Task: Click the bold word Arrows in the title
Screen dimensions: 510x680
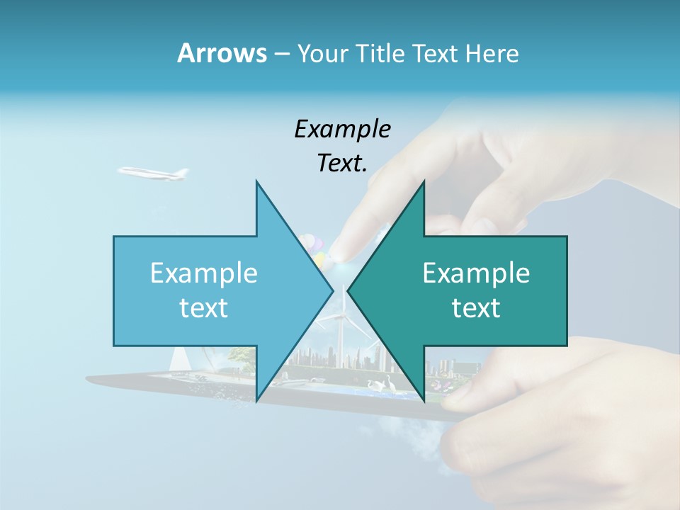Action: coord(221,53)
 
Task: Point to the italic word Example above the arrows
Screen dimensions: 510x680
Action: coord(342,129)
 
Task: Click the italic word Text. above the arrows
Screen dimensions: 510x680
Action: coord(342,163)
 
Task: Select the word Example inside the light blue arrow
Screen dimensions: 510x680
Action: coord(204,273)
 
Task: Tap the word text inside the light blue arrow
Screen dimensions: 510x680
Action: coord(204,308)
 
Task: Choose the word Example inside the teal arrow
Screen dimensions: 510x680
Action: coord(476,273)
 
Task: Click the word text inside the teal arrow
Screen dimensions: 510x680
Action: coord(476,308)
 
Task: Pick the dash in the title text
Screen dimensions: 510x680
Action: coord(281,54)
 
